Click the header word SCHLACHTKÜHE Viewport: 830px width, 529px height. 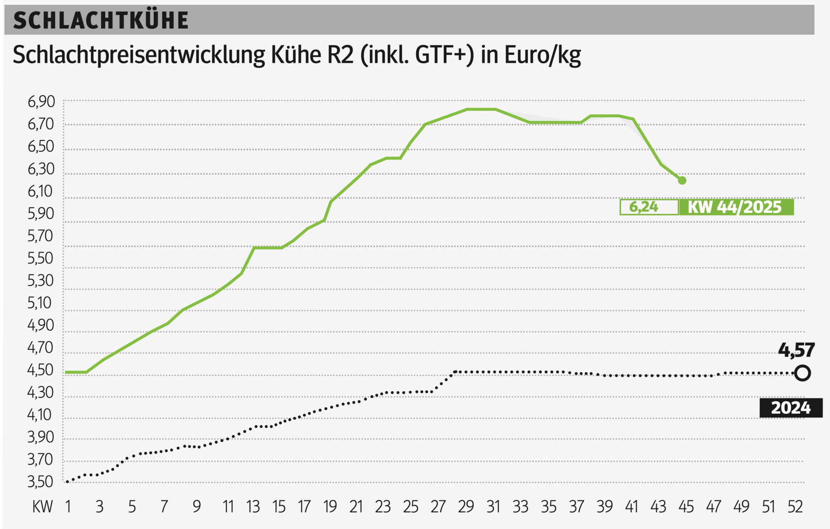(101, 20)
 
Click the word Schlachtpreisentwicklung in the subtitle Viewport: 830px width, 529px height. (138, 55)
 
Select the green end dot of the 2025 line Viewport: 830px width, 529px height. (682, 181)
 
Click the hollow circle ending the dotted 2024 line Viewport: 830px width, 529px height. (802, 373)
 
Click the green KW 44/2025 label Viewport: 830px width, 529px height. (735, 207)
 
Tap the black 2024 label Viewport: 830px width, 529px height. (790, 408)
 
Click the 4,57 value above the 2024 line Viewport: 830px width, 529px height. (796, 350)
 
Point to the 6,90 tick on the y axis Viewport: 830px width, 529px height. (41, 101)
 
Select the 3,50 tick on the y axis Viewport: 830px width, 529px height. (41, 482)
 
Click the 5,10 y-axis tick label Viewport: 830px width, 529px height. (41, 303)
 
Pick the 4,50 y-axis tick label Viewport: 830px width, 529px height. (41, 370)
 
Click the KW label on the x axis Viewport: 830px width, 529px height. (42, 507)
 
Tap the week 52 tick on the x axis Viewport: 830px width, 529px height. (795, 507)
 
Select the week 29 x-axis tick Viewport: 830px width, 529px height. (466, 507)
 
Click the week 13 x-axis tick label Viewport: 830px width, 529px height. (253, 507)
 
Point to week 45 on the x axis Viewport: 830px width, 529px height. (686, 507)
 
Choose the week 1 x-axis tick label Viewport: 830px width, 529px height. (68, 507)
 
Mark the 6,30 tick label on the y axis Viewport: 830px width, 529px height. (41, 169)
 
